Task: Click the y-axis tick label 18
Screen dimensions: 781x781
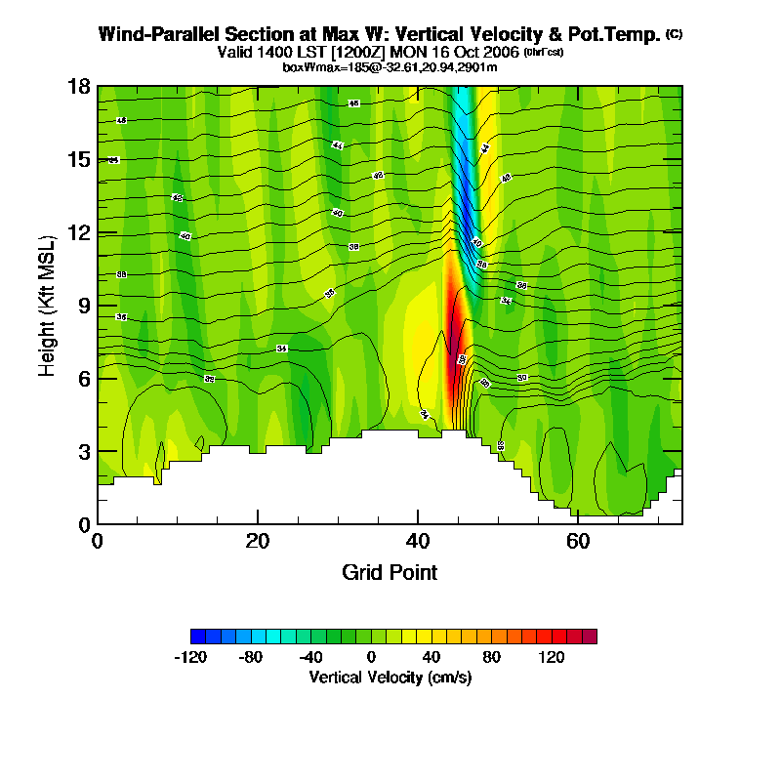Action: point(79,86)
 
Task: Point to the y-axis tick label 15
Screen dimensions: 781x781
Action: point(79,159)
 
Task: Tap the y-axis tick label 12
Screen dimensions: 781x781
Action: point(79,232)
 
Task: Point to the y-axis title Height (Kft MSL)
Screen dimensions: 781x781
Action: point(47,305)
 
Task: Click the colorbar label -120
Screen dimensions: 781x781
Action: point(190,657)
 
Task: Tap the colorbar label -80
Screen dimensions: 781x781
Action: point(251,657)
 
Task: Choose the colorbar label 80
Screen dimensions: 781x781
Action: point(491,657)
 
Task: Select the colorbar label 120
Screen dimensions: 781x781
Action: point(552,657)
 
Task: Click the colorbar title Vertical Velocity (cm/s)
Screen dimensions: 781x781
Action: point(390,677)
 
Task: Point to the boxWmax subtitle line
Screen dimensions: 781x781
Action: point(390,66)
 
